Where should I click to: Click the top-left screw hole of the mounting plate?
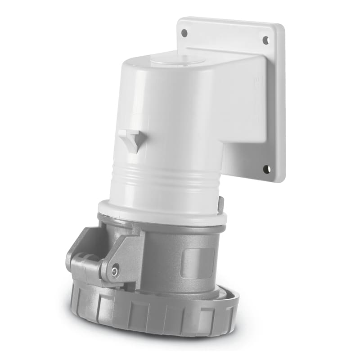184,32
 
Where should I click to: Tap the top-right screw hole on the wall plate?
265,40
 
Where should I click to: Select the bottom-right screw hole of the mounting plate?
266,169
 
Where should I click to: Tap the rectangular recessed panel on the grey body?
196,263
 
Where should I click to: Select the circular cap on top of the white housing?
178,60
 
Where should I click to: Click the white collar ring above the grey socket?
162,213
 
